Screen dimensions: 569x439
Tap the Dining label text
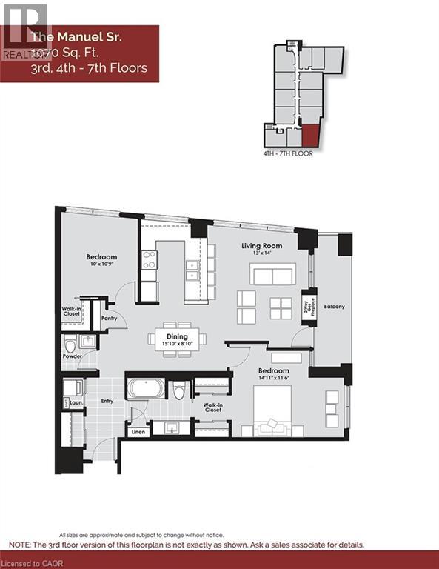pos(177,336)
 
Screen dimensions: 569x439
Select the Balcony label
pos(333,306)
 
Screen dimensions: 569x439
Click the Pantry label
pos(110,319)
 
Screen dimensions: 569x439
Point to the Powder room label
pos(72,356)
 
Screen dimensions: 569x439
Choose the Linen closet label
pos(138,432)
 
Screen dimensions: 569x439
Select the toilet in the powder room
pos(70,344)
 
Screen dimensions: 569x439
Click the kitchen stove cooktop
pos(150,260)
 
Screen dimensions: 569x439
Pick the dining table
pos(177,339)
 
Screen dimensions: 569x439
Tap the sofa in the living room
pos(272,275)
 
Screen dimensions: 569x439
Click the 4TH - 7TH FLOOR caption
pos(288,153)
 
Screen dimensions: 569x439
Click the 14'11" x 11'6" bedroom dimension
pos(274,378)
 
